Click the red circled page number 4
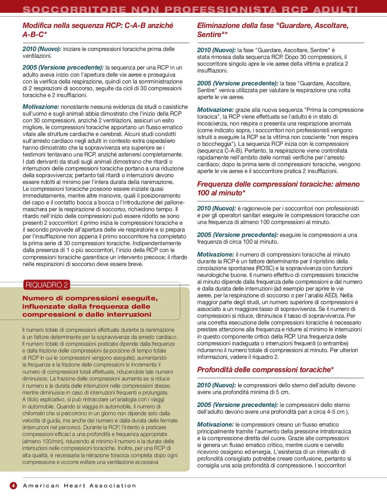click(13, 486)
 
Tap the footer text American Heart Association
click(79, 486)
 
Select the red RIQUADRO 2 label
click(47, 285)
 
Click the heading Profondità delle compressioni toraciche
click(265, 370)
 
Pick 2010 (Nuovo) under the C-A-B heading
click(42, 49)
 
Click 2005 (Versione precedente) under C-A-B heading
click(63, 67)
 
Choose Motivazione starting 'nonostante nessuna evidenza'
click(41, 107)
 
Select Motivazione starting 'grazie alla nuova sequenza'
click(215, 110)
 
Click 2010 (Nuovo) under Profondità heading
click(216, 385)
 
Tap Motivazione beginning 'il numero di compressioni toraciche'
click(215, 254)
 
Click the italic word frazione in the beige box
click(48, 351)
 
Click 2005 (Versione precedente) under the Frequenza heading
click(237, 235)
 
